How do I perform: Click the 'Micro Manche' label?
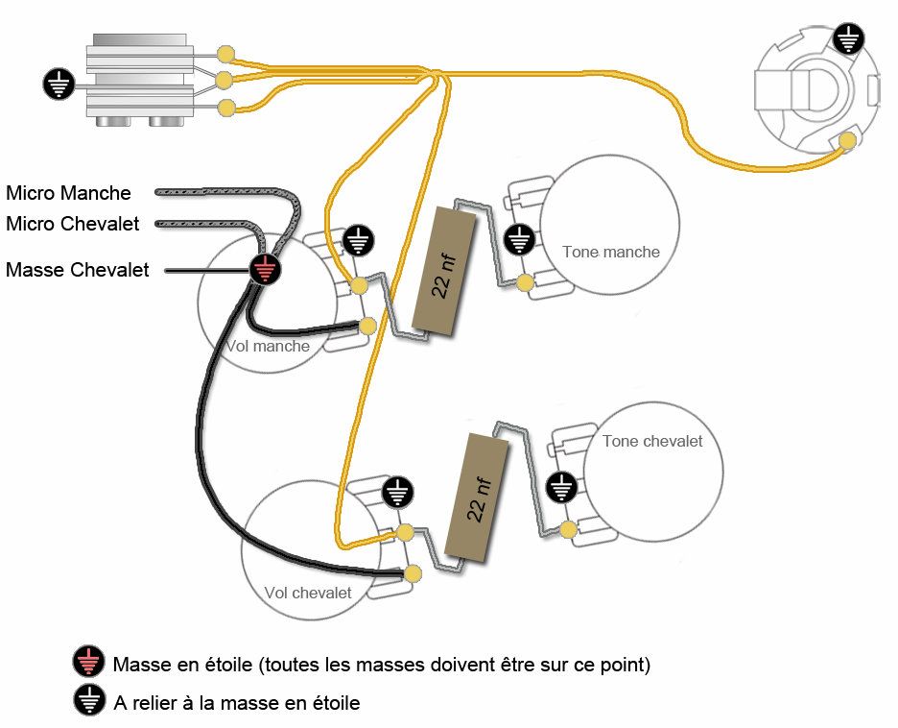(x=68, y=193)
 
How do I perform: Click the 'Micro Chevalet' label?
(x=73, y=224)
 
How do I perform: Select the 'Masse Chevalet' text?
(x=78, y=270)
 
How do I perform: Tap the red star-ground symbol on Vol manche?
(x=266, y=270)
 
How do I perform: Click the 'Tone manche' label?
(x=611, y=252)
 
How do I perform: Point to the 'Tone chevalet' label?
(x=652, y=441)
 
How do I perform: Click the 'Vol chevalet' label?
(x=308, y=593)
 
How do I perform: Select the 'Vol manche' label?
(x=268, y=346)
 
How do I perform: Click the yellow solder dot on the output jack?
(x=847, y=141)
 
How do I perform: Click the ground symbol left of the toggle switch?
(x=59, y=84)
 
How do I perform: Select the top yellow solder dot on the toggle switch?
(x=226, y=53)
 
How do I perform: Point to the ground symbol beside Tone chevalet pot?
(x=560, y=487)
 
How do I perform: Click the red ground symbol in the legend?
(x=88, y=663)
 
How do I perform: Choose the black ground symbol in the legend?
(x=88, y=701)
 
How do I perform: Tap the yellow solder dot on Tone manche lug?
(x=525, y=282)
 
